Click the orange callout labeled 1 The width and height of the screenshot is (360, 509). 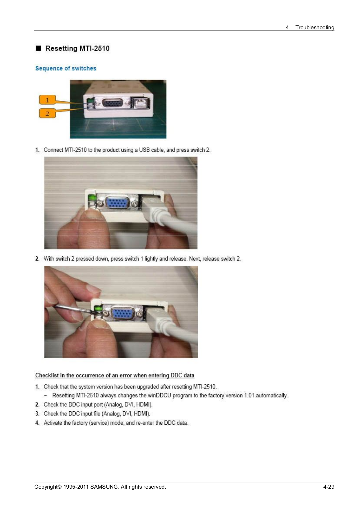tap(47, 100)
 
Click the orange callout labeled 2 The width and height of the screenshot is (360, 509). tap(47, 113)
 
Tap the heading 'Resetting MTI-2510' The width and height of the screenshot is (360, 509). tap(78, 48)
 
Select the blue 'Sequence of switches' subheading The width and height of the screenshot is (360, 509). tap(66, 68)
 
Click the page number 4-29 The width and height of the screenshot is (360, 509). tap(329, 486)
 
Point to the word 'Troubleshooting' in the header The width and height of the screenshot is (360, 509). tap(315, 27)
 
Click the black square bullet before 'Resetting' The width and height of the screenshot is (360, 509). tap(38, 48)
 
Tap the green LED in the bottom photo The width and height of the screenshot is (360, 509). tap(98, 309)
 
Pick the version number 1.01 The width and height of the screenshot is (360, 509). tap(249, 395)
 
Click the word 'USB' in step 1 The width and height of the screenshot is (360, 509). tap(144, 150)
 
